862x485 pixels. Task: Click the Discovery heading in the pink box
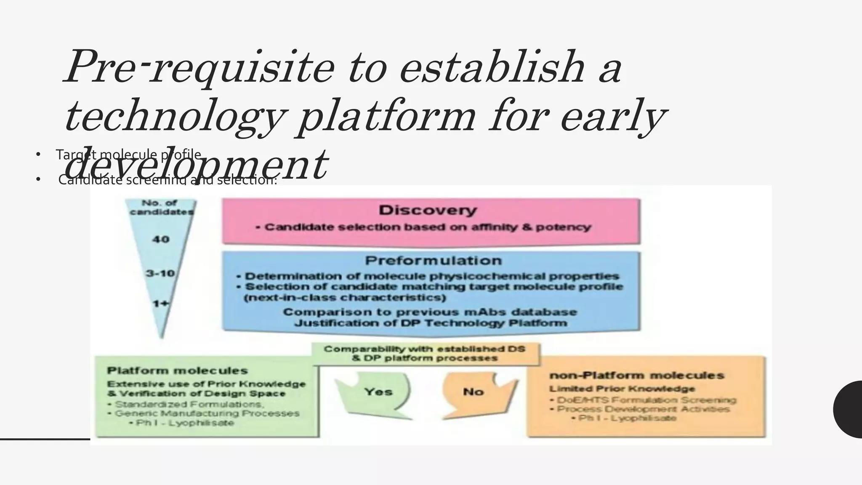[x=428, y=210]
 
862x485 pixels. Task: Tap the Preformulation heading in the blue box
[x=433, y=261]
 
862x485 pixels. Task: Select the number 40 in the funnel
[x=160, y=240]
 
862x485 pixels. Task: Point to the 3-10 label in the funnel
[x=160, y=273]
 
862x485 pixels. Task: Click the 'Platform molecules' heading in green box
[x=177, y=371]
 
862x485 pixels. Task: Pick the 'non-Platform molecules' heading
[x=636, y=375]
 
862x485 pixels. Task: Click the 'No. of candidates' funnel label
[x=162, y=207]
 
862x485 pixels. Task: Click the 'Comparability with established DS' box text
[x=425, y=349]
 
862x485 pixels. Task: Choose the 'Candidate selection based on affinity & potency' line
[x=428, y=227]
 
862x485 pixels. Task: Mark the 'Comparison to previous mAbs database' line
[x=430, y=312]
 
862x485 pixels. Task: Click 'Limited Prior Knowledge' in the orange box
[x=622, y=389]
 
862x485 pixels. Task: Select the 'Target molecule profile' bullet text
[x=128, y=155]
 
